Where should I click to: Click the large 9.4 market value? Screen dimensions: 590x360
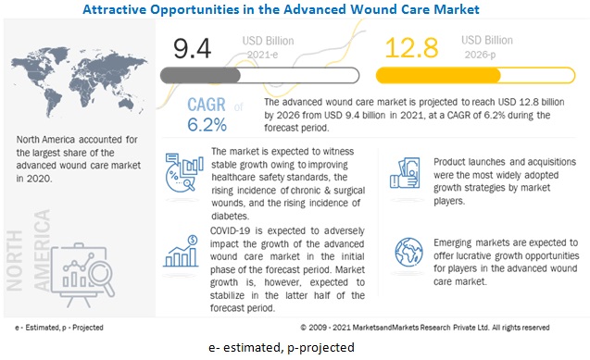point(192,48)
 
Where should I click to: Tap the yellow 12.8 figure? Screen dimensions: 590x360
point(411,48)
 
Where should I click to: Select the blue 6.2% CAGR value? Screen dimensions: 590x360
point(207,125)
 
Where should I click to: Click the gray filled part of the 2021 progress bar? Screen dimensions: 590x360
point(200,76)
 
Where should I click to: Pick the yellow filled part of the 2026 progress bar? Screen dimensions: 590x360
point(438,75)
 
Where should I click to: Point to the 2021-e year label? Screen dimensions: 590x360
point(262,55)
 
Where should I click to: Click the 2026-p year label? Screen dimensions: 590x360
point(480,55)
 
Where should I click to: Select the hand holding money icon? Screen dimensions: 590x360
point(405,173)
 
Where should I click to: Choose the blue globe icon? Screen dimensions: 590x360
point(408,252)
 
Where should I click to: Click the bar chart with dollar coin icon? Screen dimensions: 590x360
point(181,251)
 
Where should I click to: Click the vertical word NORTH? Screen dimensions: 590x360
point(15,261)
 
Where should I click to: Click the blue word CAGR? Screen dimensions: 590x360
point(207,105)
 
